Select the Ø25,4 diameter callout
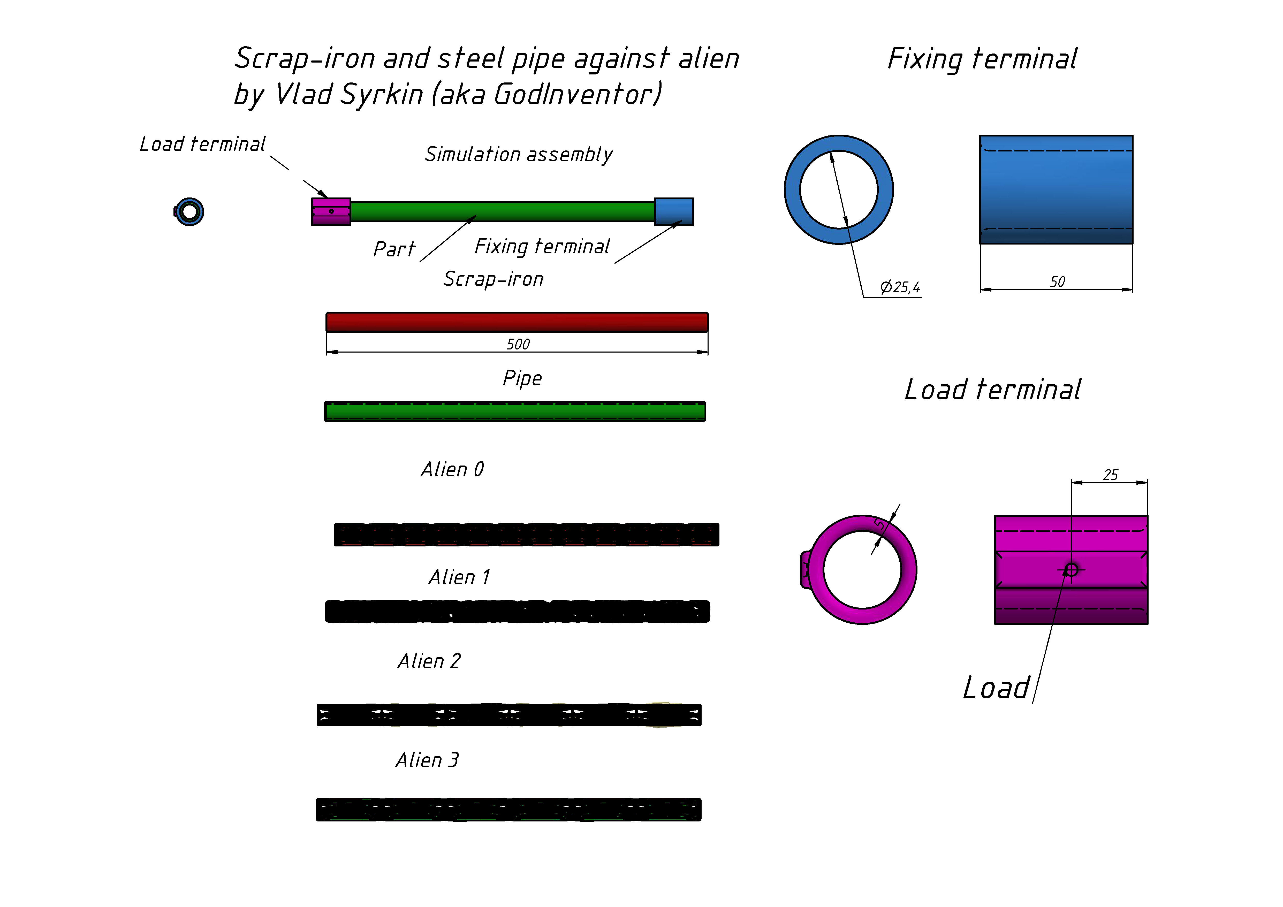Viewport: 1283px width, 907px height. point(900,287)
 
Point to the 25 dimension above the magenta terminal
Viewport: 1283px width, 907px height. point(1110,475)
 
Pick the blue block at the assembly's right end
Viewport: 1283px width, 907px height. point(674,212)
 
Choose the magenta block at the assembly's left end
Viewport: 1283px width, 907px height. point(331,212)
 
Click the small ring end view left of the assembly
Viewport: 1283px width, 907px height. point(189,212)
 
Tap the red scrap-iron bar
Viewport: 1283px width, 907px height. point(517,323)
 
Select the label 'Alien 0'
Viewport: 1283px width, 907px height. point(453,469)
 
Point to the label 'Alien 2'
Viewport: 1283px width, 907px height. point(429,661)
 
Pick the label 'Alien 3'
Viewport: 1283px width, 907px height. point(428,760)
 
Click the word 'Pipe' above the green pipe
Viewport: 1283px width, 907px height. point(522,378)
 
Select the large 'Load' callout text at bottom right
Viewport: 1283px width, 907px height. point(996,688)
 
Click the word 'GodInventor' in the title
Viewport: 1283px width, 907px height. point(577,94)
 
